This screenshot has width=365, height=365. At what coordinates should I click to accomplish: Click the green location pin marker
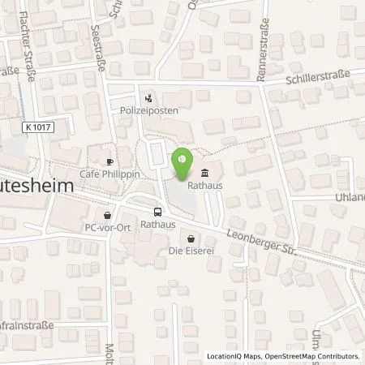pos(182,163)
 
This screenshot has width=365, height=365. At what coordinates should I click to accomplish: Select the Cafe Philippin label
pos(109,174)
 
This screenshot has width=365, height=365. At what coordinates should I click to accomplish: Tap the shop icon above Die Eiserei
pos(191,238)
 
